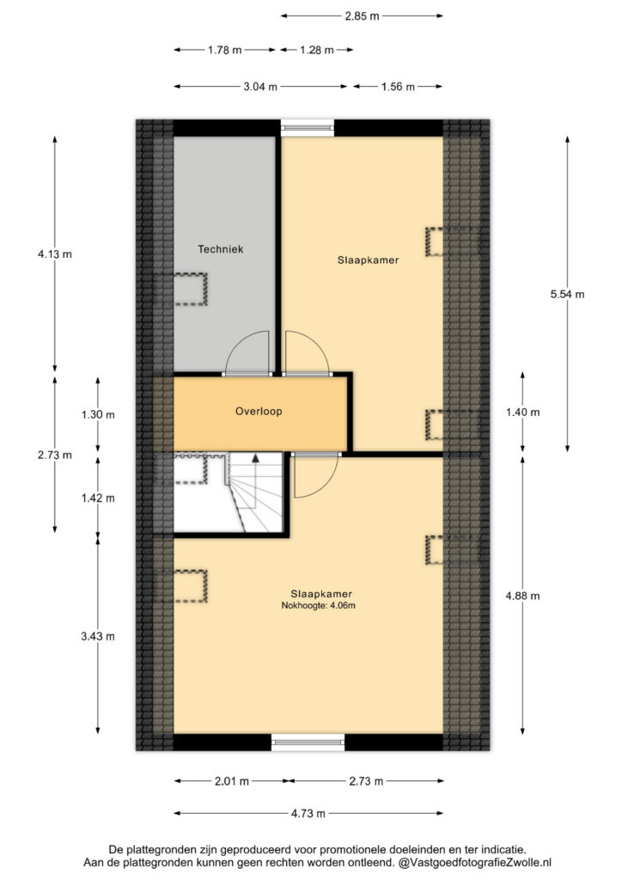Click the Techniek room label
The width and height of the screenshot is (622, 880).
221,249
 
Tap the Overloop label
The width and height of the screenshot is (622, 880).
259,412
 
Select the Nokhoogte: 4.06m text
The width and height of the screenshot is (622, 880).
318,606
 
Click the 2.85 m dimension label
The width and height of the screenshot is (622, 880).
362,16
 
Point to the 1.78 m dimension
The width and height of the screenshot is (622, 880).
224,50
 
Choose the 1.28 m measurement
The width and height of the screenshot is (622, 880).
316,50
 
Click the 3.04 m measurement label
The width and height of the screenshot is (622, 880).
260,87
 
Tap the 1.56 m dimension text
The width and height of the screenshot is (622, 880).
398,87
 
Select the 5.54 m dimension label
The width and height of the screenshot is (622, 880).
567,294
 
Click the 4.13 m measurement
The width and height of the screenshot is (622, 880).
54,254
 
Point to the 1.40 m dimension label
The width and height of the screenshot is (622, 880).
522,412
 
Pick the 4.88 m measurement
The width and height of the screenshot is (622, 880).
522,596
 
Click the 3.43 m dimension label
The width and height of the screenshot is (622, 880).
98,637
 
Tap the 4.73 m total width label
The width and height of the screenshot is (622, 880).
308,813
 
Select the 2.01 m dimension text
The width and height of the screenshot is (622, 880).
232,781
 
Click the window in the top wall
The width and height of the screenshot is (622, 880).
308,129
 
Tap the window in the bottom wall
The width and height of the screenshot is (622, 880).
308,742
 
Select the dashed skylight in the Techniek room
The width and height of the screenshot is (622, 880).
181,290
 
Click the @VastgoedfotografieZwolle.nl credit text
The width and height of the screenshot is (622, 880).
475,862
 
